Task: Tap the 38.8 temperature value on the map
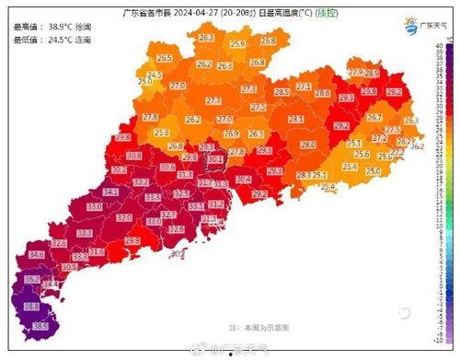31,306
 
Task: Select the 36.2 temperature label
31,279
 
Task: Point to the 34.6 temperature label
37,253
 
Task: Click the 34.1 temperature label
111,192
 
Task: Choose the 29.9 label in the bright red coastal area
132,240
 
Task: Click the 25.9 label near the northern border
237,43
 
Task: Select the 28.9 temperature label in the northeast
372,73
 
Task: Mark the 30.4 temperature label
244,179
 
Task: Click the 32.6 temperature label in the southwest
59,244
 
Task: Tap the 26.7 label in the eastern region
374,117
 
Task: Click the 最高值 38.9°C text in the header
45,28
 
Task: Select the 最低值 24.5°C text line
45,40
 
